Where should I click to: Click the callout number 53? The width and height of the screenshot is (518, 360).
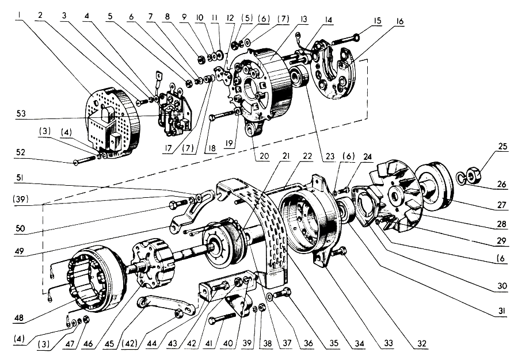(x=21, y=114)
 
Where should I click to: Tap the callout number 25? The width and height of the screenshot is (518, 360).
(x=502, y=146)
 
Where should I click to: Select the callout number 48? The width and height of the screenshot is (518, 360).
(x=19, y=317)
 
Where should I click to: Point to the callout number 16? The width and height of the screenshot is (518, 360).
(x=399, y=21)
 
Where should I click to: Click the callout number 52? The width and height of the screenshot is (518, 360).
(x=21, y=152)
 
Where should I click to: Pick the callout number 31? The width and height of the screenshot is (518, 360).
(x=501, y=312)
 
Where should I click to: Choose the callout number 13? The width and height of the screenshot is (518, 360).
(x=303, y=19)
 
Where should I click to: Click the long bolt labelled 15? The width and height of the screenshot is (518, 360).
(x=345, y=40)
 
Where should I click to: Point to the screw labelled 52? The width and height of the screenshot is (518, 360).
(x=86, y=160)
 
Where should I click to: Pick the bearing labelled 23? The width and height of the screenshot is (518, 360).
(x=298, y=78)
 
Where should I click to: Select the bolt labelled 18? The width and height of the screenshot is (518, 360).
(x=222, y=114)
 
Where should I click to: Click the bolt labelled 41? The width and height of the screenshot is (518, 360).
(x=222, y=318)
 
